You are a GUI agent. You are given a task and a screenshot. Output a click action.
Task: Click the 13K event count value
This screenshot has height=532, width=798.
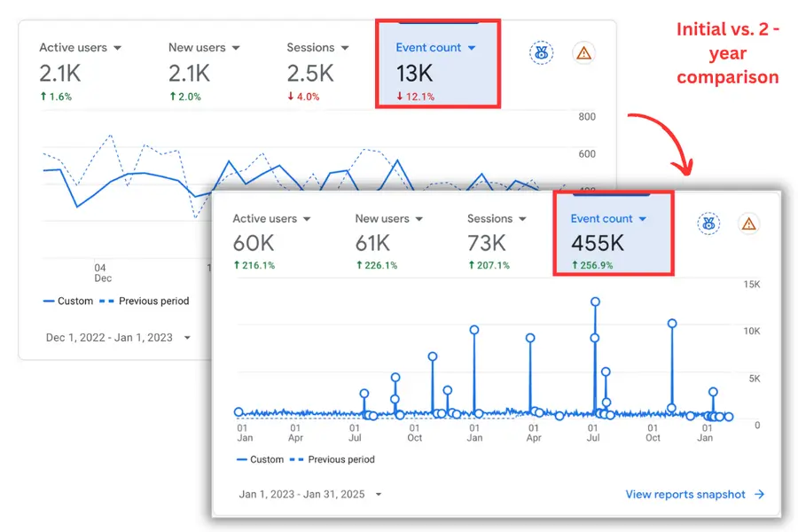pos(414,74)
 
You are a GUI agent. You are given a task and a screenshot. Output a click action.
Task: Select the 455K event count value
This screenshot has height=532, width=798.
pos(597,243)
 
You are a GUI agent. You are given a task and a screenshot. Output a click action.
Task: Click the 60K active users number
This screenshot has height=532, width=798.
pos(254,243)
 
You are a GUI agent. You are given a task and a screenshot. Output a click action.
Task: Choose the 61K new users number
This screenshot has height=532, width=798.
pos(372,243)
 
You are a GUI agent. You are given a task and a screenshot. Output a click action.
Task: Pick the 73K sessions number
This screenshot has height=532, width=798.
pos(487,243)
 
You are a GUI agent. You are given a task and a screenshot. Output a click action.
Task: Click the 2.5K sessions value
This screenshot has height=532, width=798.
pos(310,74)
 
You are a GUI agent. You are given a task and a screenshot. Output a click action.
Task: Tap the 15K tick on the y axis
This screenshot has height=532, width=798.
pos(752,284)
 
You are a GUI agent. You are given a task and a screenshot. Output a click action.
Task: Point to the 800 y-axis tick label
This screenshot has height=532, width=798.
pos(587,116)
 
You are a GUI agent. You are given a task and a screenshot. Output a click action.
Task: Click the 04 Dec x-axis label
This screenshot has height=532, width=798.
pos(102,273)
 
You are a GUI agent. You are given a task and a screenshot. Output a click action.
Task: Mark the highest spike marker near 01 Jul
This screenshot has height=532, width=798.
pos(595,301)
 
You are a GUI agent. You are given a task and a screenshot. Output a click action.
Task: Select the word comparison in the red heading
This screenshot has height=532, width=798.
pos(727,77)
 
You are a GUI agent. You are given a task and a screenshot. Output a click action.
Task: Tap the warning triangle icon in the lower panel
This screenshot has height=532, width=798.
pos(748,223)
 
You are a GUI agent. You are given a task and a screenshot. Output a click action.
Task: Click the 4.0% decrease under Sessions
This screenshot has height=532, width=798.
pos(303,97)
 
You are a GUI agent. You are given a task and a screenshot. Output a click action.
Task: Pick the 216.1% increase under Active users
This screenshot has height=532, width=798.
pos(254,265)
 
